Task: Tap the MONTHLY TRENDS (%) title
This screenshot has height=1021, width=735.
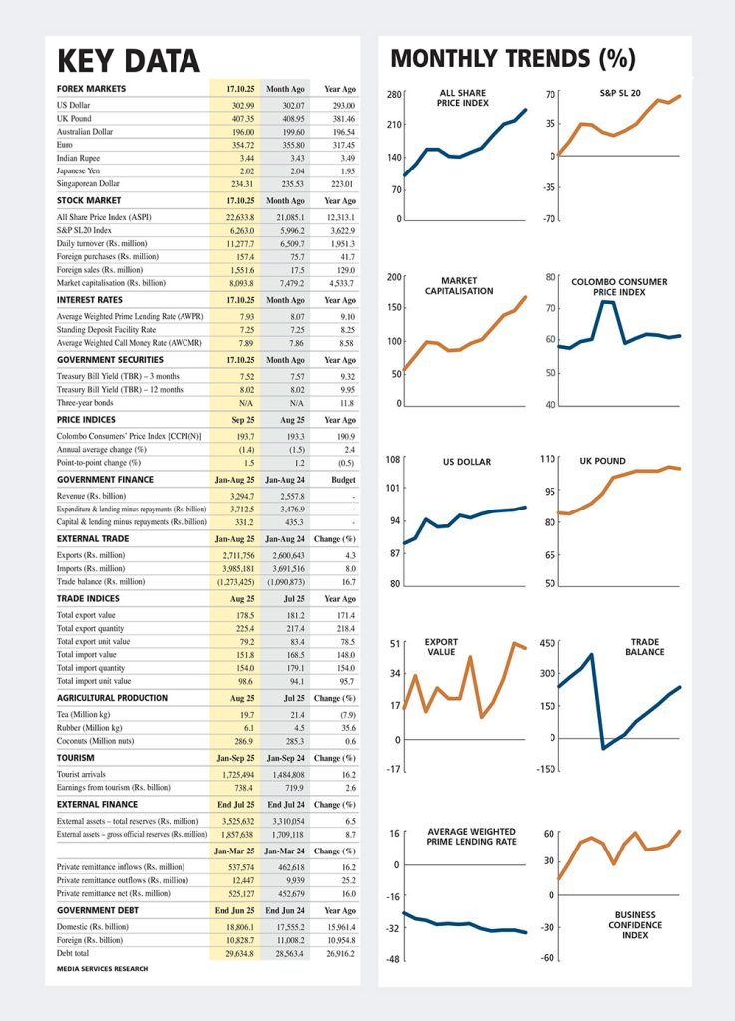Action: [513, 58]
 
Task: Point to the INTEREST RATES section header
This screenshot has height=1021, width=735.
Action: [90, 299]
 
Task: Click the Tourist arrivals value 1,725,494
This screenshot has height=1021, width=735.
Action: [231, 774]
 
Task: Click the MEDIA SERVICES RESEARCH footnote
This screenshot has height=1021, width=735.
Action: [102, 969]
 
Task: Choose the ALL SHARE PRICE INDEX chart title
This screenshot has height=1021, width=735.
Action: [462, 98]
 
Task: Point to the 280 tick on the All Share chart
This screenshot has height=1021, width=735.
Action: [394, 95]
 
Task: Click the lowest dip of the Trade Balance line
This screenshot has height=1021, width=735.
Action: [602, 747]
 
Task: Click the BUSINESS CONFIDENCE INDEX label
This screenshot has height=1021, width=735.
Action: [635, 926]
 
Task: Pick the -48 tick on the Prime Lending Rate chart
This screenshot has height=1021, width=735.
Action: [393, 959]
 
